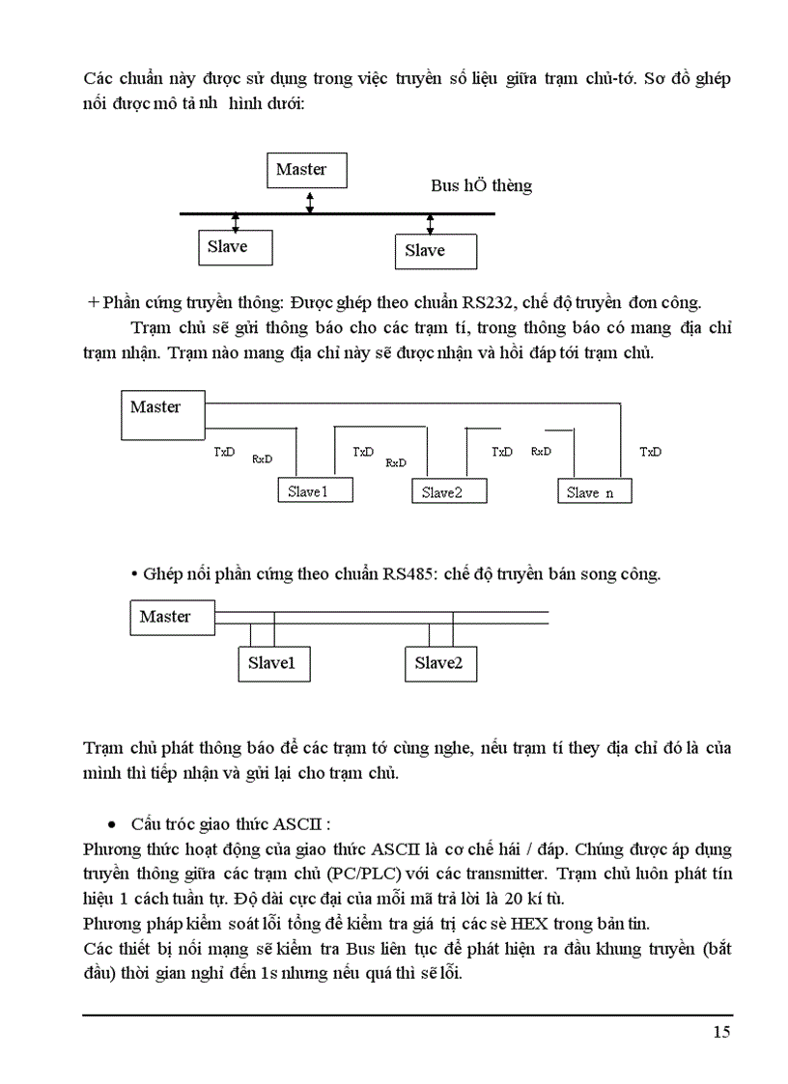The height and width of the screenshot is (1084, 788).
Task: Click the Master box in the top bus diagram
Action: [x=306, y=170]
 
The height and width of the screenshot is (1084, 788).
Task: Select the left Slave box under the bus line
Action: [x=233, y=247]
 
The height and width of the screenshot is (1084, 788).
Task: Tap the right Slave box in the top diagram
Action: [x=436, y=251]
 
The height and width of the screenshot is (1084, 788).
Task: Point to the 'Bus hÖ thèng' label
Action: [x=481, y=185]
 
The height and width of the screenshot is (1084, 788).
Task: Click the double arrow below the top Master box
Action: [x=309, y=201]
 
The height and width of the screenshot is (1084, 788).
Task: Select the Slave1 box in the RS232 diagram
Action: [x=315, y=491]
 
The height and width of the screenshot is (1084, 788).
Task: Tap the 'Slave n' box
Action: [x=594, y=492]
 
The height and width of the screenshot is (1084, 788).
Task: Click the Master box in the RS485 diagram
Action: [x=173, y=618]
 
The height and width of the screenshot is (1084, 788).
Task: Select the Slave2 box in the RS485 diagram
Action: [x=439, y=664]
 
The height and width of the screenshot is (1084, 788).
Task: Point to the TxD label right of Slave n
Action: [x=651, y=452]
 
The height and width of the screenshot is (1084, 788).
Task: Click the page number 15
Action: [x=721, y=1033]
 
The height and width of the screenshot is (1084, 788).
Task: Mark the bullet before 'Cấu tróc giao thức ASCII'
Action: [x=113, y=825]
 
